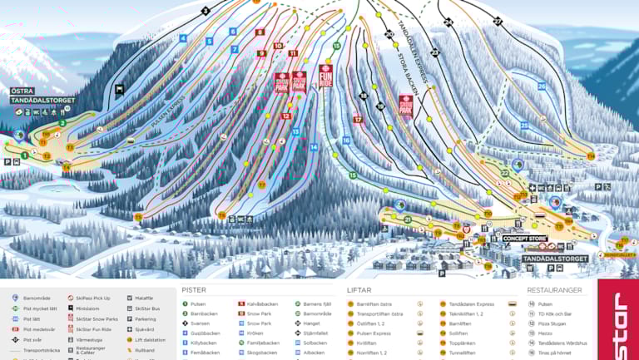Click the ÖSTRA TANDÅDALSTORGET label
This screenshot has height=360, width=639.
(x=42, y=96)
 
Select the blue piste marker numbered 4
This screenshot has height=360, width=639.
(x=183, y=38)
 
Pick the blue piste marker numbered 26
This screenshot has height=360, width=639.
(x=542, y=86)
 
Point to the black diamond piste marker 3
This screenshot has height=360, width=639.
(x=205, y=11)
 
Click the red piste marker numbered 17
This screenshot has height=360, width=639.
(x=358, y=120)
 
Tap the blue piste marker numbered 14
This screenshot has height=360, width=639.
(x=314, y=147)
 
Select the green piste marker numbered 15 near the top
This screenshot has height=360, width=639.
(x=337, y=47)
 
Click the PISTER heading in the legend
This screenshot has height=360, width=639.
(x=194, y=290)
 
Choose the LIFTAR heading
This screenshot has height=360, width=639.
(x=359, y=290)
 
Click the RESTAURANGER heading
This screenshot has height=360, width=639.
(x=556, y=290)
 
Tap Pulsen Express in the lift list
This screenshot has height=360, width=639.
(x=374, y=333)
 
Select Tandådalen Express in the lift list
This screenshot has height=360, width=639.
(x=472, y=304)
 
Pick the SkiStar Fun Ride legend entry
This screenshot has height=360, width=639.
(x=96, y=328)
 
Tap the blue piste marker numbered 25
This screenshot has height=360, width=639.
(x=524, y=126)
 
